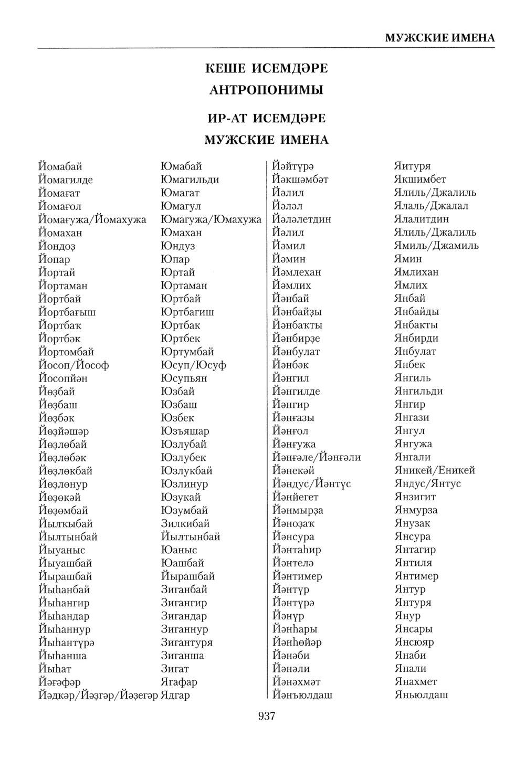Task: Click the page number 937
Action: (267, 716)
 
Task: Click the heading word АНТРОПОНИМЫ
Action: (266, 90)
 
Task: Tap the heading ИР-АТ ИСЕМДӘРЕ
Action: (267, 118)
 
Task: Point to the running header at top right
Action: (440, 38)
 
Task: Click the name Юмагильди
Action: (190, 180)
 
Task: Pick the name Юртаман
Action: (184, 286)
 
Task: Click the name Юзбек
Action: (177, 418)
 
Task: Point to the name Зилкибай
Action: (185, 523)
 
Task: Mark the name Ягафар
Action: (179, 682)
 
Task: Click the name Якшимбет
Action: (419, 180)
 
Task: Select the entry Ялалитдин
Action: (421, 219)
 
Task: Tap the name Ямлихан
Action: (416, 272)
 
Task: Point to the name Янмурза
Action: (415, 510)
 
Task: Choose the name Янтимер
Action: (416, 576)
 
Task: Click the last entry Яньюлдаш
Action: (421, 695)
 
